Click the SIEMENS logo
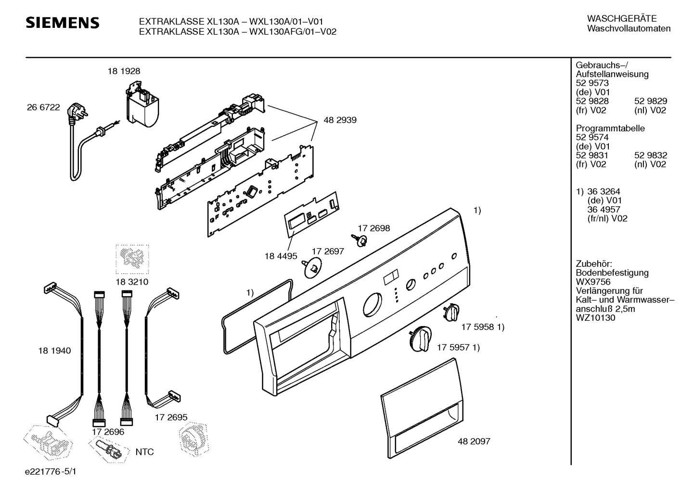(x=63, y=23)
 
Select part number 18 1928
(x=124, y=71)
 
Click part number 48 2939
(x=340, y=120)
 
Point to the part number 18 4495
(x=281, y=256)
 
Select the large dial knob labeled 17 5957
(x=420, y=339)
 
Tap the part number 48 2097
(x=474, y=441)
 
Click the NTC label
(x=145, y=452)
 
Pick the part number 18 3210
(x=132, y=282)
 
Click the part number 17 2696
(x=108, y=432)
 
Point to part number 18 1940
(x=54, y=351)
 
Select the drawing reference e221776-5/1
(x=51, y=472)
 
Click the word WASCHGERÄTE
(x=622, y=18)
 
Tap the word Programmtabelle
(x=610, y=128)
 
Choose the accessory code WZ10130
(x=595, y=318)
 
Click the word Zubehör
(x=594, y=264)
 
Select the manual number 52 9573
(x=592, y=83)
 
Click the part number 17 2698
(x=374, y=228)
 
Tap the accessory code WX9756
(x=593, y=282)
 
